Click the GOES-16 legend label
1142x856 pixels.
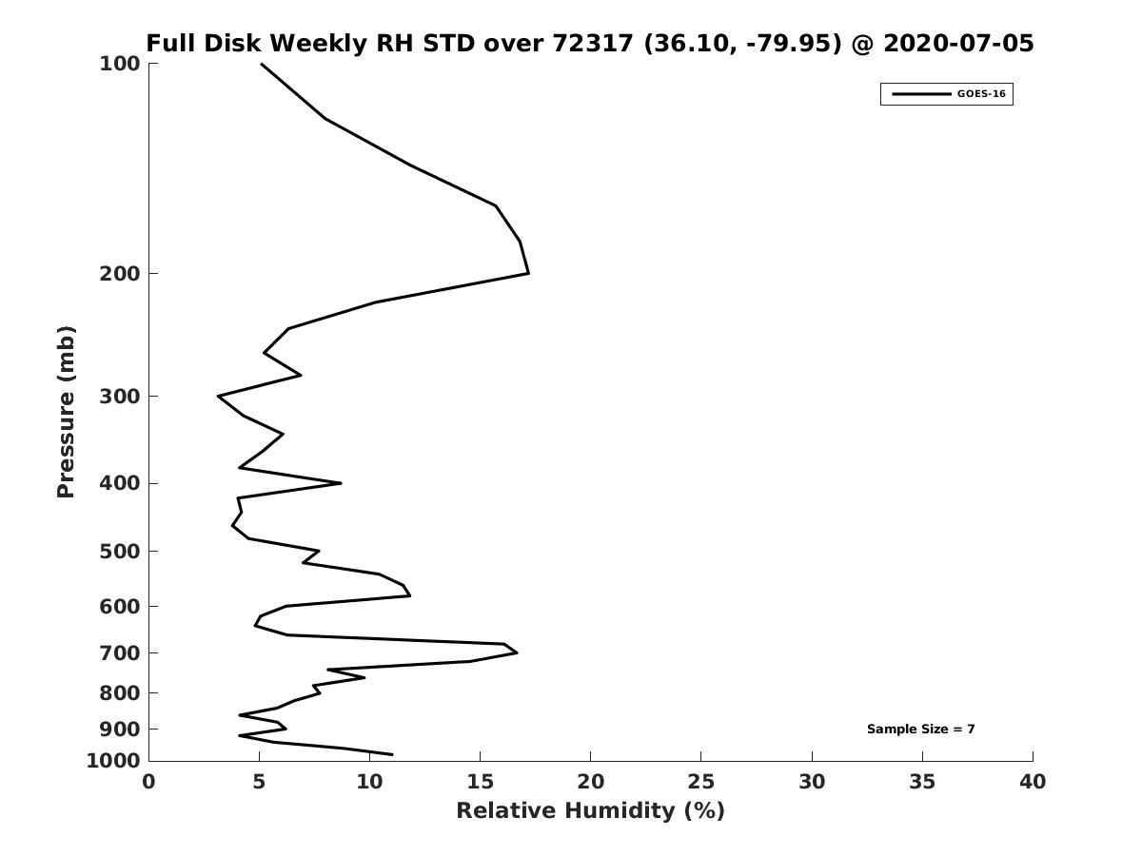(x=981, y=94)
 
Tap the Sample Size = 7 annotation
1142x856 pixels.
(x=920, y=730)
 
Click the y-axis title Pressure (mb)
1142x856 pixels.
(x=66, y=412)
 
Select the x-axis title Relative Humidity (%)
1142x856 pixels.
(x=591, y=810)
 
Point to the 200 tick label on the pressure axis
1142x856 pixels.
(x=120, y=273)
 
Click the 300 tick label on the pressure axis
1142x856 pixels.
(x=120, y=397)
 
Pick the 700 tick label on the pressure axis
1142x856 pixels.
(x=120, y=653)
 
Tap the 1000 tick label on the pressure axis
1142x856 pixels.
(x=113, y=761)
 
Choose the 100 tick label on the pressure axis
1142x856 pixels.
(x=120, y=64)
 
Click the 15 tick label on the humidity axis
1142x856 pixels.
(x=480, y=782)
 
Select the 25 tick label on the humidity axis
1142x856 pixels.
(x=700, y=782)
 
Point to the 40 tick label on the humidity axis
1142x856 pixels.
(x=1033, y=782)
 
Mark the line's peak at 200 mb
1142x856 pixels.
(x=528, y=273)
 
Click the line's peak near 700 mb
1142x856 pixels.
(x=517, y=652)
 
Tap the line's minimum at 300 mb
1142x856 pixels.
(x=219, y=397)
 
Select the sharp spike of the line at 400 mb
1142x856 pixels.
(x=341, y=483)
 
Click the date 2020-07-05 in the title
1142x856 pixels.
(x=958, y=43)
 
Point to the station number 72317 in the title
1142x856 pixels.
(x=593, y=43)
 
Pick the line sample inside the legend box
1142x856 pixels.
(x=921, y=94)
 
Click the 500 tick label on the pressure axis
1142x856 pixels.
(x=120, y=552)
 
